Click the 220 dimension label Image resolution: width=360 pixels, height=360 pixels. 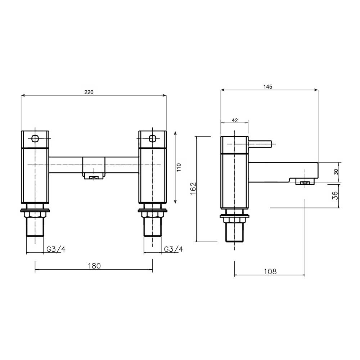pos(89,92)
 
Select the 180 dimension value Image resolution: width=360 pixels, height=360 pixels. pos(94,266)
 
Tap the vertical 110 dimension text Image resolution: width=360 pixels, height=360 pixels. pos(179,168)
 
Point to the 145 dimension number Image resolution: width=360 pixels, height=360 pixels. pos(268,86)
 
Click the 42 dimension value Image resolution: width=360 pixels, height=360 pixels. pos(235,121)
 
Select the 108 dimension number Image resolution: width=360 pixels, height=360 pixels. pos(270,272)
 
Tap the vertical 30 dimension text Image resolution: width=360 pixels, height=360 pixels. pos(336,172)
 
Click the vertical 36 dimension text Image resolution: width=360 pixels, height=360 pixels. pos(335,195)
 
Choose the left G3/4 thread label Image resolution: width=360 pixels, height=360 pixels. pos(55,249)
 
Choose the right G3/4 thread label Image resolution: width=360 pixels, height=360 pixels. pos(173,249)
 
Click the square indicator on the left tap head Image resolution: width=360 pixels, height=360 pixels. pos(35,139)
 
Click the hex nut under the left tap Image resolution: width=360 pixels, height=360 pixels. pos(35,215)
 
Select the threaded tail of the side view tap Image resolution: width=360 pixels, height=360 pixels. pos(235,233)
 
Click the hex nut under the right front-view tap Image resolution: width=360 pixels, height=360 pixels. pos(153,215)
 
